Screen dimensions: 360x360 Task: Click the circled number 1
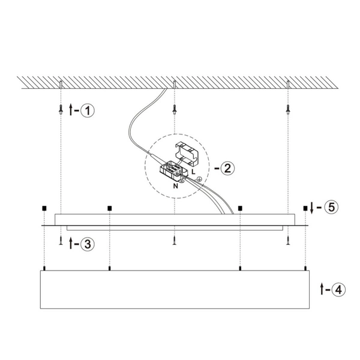click(88, 110)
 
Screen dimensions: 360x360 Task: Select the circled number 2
click(226, 168)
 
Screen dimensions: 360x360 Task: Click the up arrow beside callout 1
click(72, 110)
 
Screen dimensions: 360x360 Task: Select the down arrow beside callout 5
click(313, 208)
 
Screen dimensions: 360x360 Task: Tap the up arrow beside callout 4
click(323, 289)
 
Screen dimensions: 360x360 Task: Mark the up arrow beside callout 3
click(72, 243)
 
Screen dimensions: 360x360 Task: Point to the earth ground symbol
click(200, 178)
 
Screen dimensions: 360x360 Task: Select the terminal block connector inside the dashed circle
click(172, 172)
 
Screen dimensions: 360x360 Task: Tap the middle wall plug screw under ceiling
click(174, 110)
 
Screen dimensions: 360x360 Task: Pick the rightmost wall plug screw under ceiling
click(289, 110)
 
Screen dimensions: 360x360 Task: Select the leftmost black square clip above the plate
click(44, 208)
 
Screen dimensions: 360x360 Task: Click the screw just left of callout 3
click(61, 241)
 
